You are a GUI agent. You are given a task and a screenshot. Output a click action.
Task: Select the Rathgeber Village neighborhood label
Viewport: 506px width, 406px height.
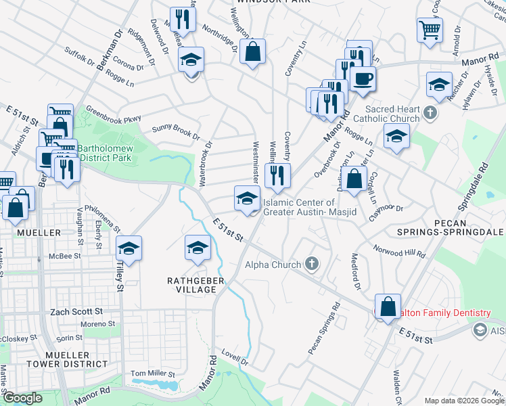(191, 284)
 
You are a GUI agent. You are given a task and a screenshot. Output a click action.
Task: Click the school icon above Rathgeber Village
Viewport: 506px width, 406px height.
(198, 248)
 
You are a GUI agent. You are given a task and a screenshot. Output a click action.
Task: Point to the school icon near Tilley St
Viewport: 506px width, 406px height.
(129, 249)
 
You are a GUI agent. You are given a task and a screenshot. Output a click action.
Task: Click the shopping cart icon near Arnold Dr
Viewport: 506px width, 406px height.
(430, 30)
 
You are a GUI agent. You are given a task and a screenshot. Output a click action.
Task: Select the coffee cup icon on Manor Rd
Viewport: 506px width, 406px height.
(363, 78)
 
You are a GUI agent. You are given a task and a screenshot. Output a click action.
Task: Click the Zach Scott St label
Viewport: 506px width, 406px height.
(76, 312)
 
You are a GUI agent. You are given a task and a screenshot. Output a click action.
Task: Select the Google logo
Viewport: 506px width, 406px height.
(22, 398)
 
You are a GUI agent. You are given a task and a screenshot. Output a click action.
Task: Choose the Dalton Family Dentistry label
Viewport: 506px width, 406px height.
(446, 313)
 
